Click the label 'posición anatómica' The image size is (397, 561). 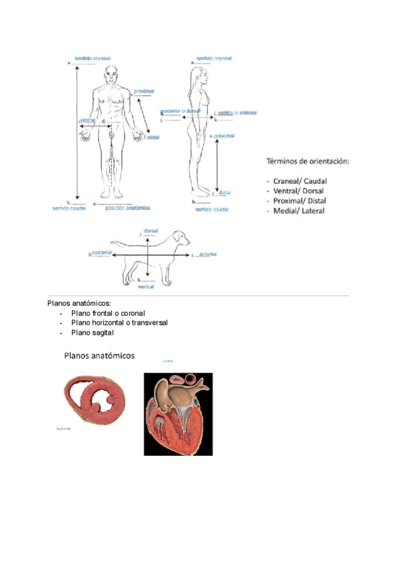(x=127, y=207)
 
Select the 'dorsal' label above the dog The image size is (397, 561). (x=150, y=233)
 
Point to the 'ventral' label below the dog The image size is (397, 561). (x=146, y=287)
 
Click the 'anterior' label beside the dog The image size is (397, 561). (x=206, y=254)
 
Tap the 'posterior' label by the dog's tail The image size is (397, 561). (x=102, y=252)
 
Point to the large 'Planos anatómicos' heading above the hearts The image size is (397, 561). (x=99, y=355)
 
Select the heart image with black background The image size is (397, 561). (x=178, y=414)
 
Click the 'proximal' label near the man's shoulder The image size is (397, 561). (x=145, y=91)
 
